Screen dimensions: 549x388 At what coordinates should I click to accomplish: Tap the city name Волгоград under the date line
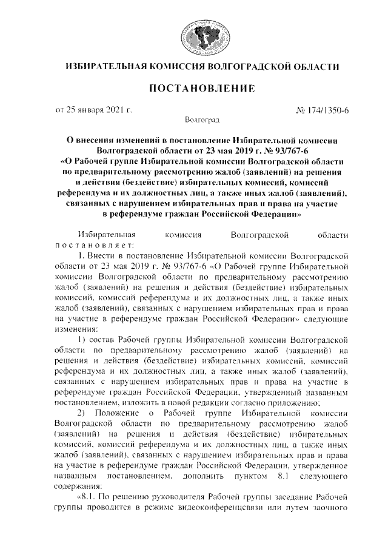point(201,121)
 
